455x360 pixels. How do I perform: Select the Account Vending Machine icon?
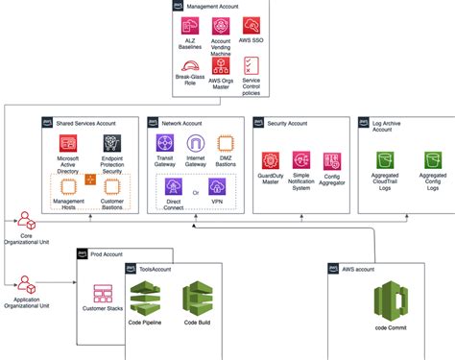tap(220, 27)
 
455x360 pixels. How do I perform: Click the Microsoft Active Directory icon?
tap(67, 146)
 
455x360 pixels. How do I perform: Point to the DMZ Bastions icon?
tap(227, 145)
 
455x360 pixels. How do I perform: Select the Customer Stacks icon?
tap(104, 294)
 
